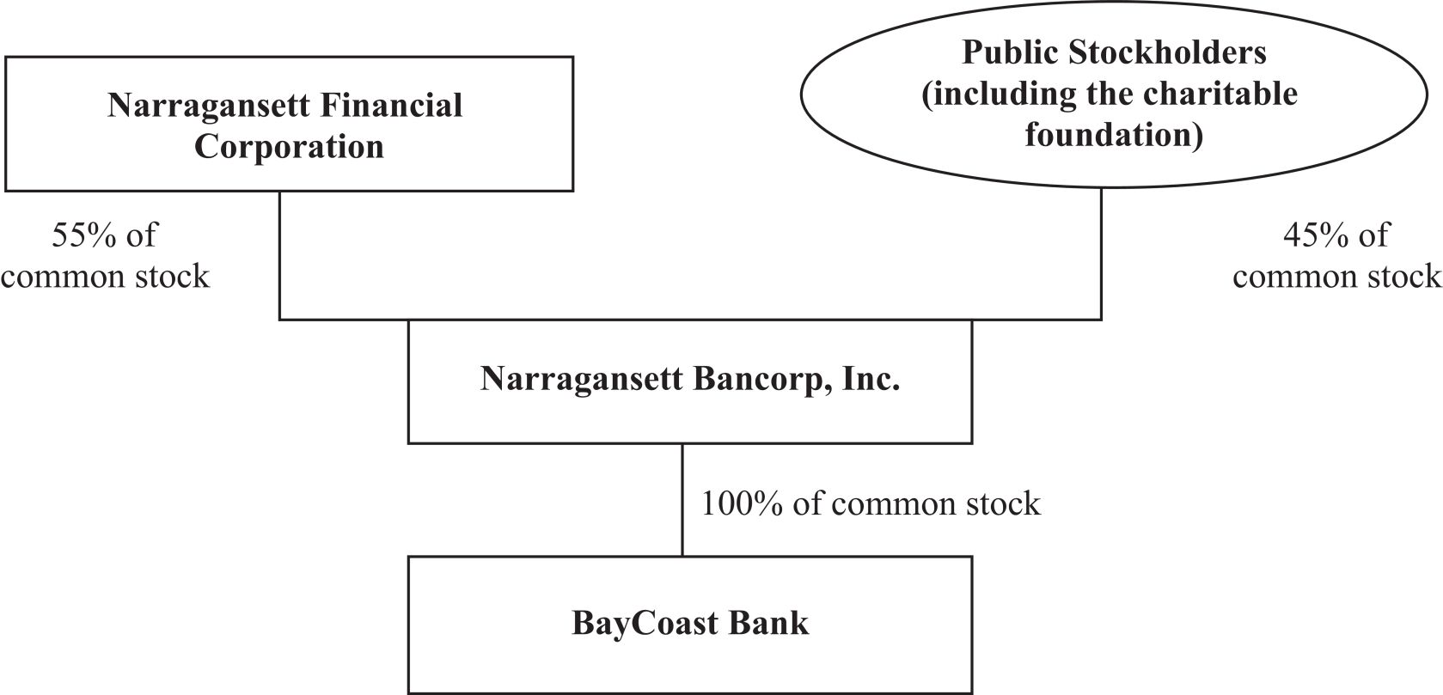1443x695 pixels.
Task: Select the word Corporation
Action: click(289, 147)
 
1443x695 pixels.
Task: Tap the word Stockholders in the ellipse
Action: click(1167, 52)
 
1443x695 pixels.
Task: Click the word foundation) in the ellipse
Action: click(1114, 136)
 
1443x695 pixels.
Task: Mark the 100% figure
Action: click(742, 503)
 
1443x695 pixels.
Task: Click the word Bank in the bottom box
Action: click(769, 623)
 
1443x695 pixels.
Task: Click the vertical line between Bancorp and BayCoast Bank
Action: click(682, 500)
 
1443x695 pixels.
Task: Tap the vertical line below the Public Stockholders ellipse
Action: click(1101, 253)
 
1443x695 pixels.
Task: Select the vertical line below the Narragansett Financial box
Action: click(279, 256)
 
